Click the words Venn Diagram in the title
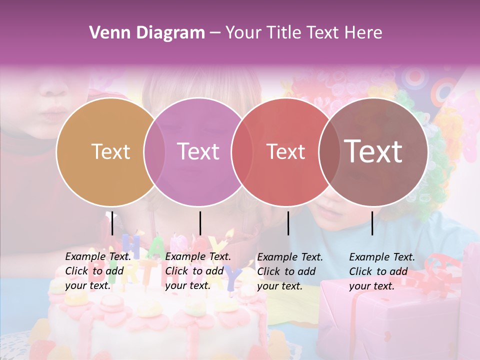pyautogui.click(x=147, y=33)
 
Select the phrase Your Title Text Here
pyautogui.click(x=303, y=33)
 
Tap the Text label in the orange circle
pyautogui.click(x=110, y=151)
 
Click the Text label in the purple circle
pyautogui.click(x=198, y=151)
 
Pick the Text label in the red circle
pyautogui.click(x=285, y=151)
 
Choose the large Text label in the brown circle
pyautogui.click(x=373, y=151)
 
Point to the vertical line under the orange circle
pyautogui.click(x=112, y=223)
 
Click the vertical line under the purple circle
pyautogui.click(x=200, y=223)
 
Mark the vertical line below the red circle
pyautogui.click(x=288, y=223)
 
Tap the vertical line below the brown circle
pyautogui.click(x=372, y=223)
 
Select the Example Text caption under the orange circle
pyautogui.click(x=98, y=271)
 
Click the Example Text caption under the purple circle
pyautogui.click(x=198, y=271)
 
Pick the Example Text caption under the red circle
pyautogui.click(x=290, y=271)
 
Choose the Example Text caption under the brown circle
pyautogui.click(x=382, y=271)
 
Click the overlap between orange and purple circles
pyautogui.click(x=154, y=151)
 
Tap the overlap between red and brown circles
pyautogui.click(x=327, y=151)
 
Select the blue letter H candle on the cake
pyautogui.click(x=131, y=245)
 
